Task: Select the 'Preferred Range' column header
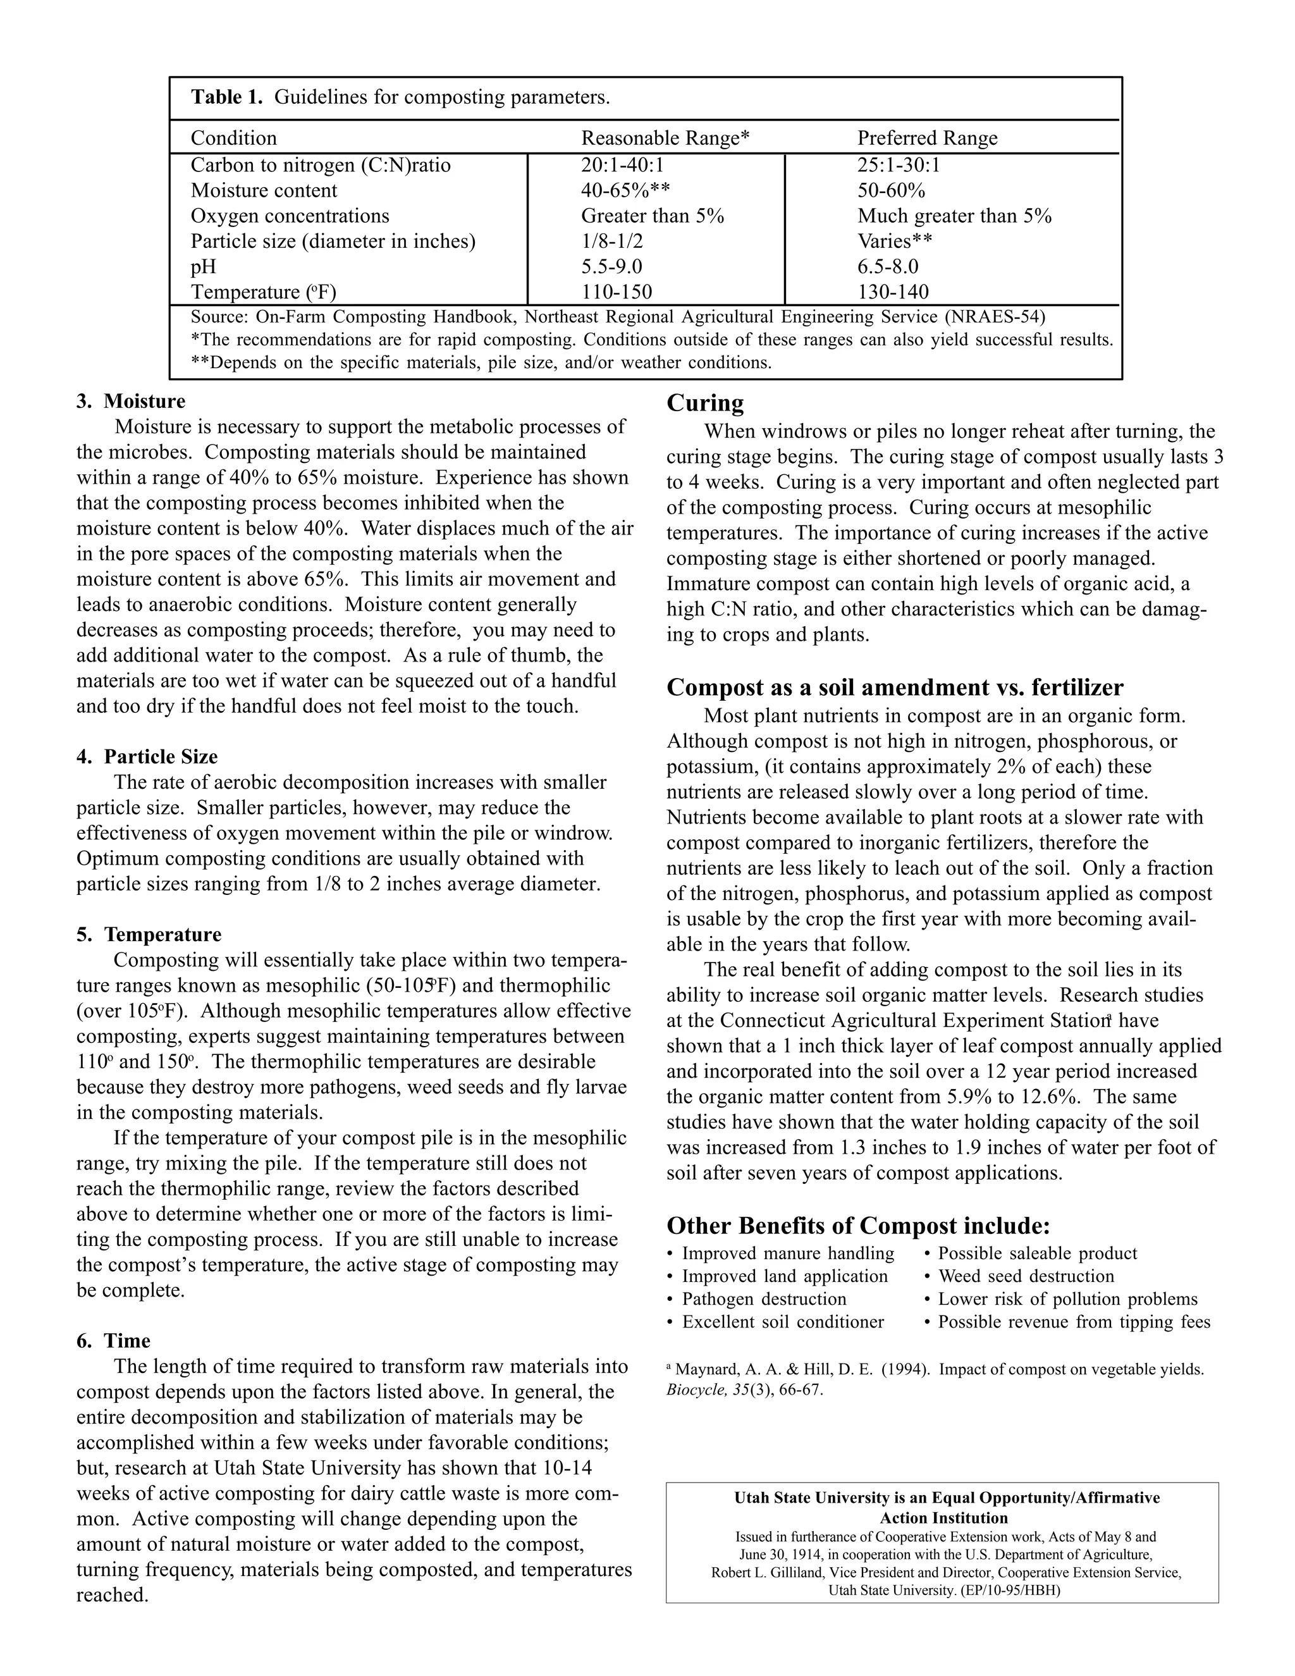coord(927,138)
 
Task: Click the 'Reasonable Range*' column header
coord(665,138)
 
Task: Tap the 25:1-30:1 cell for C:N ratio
coord(899,165)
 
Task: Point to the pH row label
coord(204,266)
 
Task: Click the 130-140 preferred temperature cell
coord(892,292)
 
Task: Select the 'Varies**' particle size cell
coord(895,241)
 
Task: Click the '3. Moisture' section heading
coord(131,402)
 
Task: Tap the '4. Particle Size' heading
coord(147,756)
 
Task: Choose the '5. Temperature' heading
coord(149,934)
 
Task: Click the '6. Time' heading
coord(114,1341)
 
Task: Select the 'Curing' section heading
coord(704,403)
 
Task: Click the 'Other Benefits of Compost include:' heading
coord(857,1225)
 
